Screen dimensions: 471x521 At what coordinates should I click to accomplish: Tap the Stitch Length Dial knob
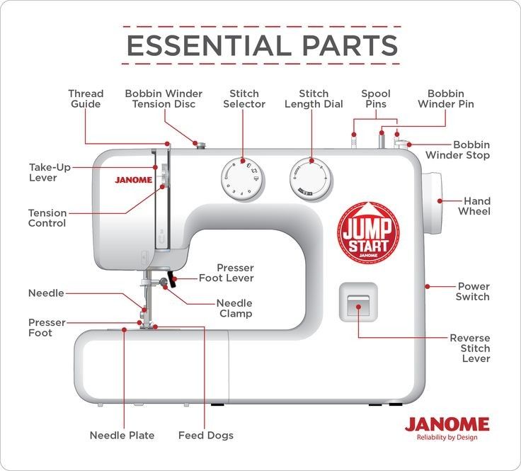click(310, 177)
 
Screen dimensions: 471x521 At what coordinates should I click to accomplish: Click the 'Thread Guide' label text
click(85, 98)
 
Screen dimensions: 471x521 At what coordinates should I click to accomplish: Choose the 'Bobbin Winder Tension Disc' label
click(164, 98)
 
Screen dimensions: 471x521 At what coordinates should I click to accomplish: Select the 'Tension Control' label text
click(47, 218)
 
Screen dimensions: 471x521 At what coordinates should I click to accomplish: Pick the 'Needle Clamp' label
click(234, 308)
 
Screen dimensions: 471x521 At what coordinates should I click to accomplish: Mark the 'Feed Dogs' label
click(205, 435)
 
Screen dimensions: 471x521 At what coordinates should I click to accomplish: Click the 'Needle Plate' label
click(122, 435)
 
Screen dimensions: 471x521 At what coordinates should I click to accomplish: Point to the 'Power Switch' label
click(473, 292)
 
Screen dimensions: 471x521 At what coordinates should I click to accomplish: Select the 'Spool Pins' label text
click(375, 98)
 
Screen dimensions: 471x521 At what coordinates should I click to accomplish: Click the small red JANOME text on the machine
click(133, 180)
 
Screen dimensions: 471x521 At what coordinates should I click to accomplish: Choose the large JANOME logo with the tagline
click(447, 427)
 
